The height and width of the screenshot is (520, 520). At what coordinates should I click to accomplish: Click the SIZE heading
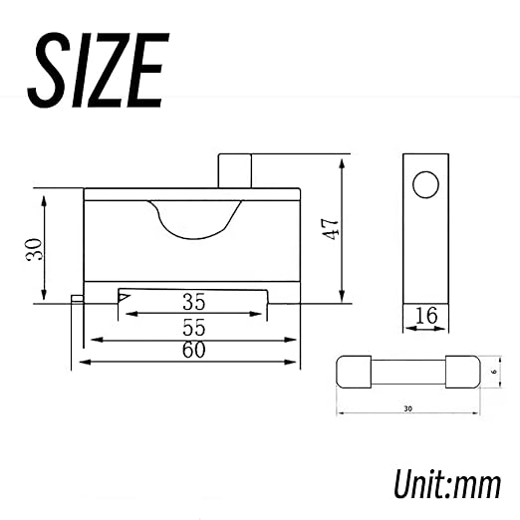99,70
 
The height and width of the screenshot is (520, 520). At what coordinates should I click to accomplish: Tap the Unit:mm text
447,483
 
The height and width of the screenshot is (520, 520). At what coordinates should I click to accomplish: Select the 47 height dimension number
331,229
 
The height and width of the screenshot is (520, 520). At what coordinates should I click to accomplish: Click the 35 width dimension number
194,302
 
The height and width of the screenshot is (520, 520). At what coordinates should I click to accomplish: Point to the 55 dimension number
194,328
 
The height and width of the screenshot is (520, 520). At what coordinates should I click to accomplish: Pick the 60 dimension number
194,350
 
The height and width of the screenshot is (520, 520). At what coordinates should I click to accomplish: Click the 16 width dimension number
426,316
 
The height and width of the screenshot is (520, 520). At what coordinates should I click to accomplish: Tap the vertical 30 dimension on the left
35,249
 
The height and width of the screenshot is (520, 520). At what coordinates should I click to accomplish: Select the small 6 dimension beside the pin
494,372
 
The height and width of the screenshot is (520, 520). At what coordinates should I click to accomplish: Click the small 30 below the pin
408,408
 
